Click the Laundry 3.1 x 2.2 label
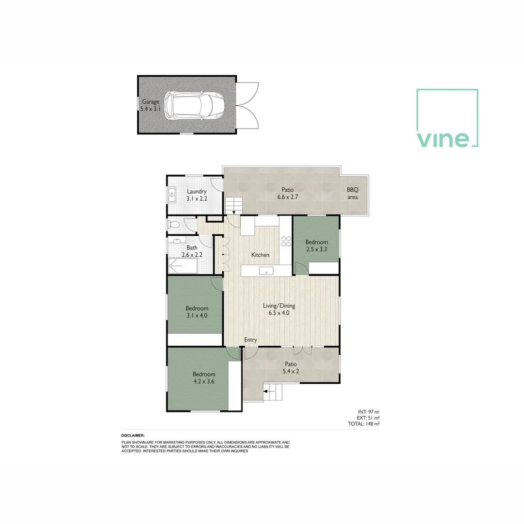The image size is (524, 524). pos(197,195)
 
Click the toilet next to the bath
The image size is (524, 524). pos(174,225)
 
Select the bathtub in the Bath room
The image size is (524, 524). pos(183,266)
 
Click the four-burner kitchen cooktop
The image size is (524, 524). pos(286,241)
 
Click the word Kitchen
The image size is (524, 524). pos(260,255)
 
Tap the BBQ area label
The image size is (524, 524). pos(352,194)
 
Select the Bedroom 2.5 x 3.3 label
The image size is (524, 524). pos(316,246)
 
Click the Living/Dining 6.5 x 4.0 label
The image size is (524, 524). pos(279,310)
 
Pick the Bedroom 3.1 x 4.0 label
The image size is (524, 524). pos(197,311)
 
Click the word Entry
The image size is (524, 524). pos(250,340)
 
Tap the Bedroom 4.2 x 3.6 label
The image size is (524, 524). pos(204,377)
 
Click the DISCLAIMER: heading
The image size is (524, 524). pos(133,436)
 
